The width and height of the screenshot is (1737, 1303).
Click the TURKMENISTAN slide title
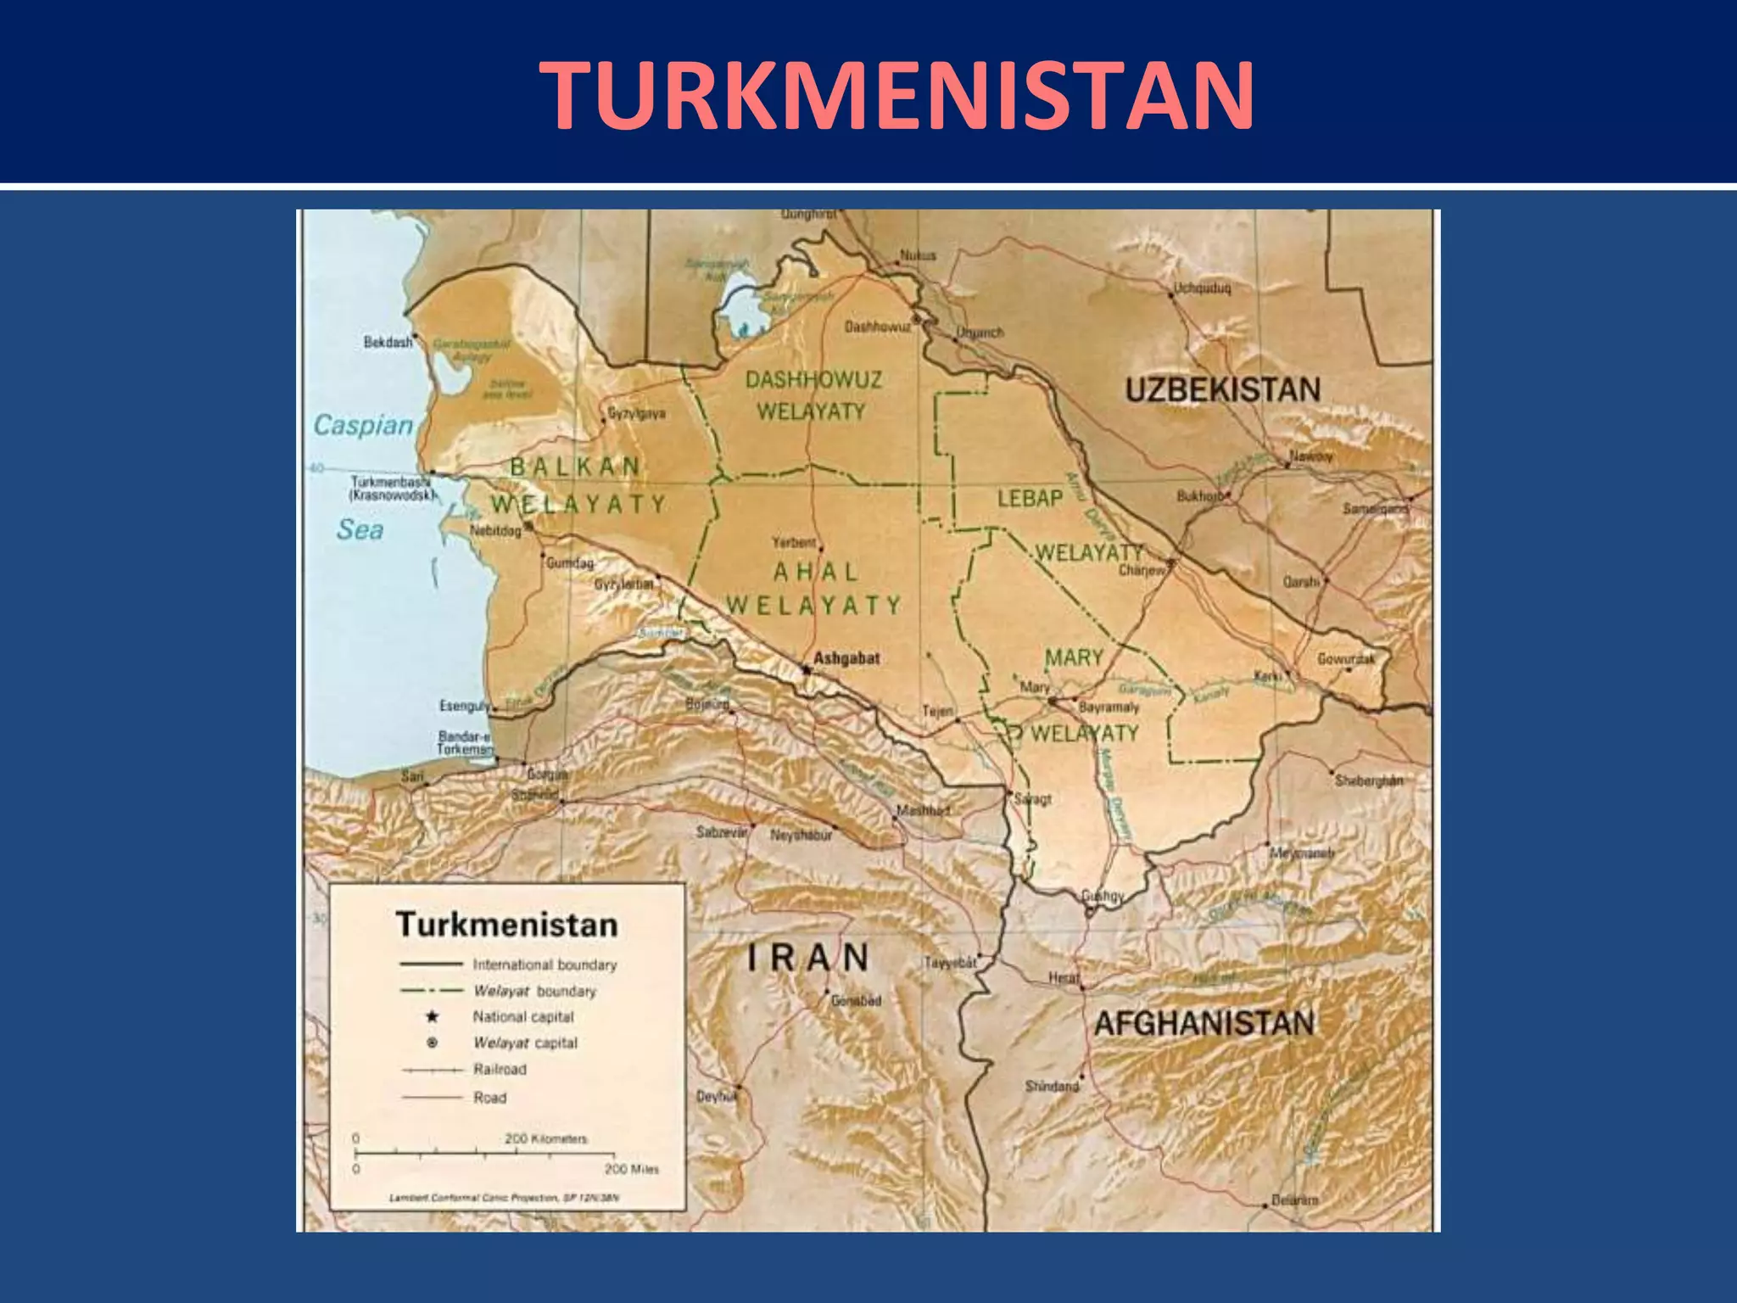(896, 95)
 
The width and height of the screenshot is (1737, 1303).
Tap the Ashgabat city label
(846, 657)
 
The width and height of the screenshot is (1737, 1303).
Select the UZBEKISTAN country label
(1222, 389)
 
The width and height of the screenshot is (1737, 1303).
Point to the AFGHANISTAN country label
(1204, 1023)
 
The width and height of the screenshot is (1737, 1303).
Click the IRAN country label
(808, 958)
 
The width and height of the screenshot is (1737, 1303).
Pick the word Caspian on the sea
(363, 425)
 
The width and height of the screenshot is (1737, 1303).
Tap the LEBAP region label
(1030, 498)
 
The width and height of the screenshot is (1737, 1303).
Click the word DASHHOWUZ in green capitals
(813, 379)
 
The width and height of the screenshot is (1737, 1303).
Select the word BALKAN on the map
(575, 466)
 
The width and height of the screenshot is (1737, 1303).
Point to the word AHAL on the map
(815, 572)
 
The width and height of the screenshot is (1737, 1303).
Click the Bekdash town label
(388, 343)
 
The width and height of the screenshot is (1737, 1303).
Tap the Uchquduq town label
(1202, 288)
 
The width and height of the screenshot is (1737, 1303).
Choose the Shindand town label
(1052, 1086)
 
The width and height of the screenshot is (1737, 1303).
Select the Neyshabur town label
(800, 836)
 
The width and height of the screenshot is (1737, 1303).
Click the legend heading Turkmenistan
(506, 924)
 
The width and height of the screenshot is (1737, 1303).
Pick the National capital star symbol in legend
(432, 1016)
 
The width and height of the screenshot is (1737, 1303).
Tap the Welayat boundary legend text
(534, 991)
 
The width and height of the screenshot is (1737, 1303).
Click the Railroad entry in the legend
(500, 1070)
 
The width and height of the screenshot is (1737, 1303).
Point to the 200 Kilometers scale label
(545, 1138)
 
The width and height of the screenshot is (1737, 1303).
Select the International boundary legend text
(545, 965)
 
